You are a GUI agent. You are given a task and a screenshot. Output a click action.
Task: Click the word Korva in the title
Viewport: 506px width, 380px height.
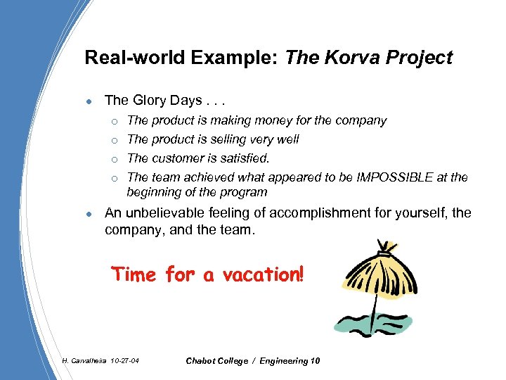point(345,58)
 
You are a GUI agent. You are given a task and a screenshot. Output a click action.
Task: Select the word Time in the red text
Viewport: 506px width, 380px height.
point(134,274)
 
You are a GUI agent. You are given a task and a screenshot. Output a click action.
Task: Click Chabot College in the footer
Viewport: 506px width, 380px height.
point(218,361)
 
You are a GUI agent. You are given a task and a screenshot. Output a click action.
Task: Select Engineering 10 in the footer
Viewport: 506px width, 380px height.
point(290,361)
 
